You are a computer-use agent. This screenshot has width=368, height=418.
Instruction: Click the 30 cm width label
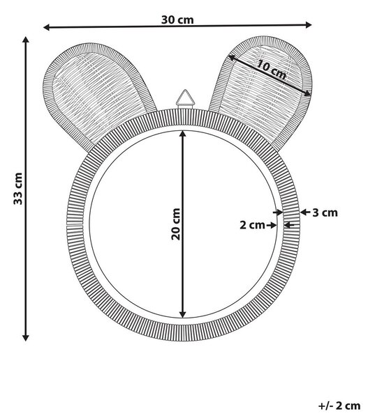coord(177,20)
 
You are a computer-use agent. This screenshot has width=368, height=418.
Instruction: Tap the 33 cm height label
coord(18,189)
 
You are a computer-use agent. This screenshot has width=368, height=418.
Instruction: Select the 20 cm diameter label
coord(175,224)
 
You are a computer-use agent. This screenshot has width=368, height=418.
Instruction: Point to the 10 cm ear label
coord(272,70)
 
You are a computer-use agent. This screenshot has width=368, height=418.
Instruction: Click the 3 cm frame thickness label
coord(325,212)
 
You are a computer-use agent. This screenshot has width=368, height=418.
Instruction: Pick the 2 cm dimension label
coord(252,225)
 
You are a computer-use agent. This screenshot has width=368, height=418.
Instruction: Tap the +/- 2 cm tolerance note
coord(339,405)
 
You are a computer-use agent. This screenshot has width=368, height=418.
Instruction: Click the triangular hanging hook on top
coord(185,99)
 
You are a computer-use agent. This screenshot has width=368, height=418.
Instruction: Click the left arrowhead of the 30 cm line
coord(47,27)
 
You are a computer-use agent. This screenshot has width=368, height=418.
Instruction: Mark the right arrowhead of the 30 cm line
coord(309,25)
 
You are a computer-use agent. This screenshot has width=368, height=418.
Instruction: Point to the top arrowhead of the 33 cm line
coord(26,40)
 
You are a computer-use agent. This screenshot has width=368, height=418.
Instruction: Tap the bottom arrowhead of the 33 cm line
coord(25,337)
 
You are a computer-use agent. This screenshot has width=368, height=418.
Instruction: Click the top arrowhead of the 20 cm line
coord(182,134)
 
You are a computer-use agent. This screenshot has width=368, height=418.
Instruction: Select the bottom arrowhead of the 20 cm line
coord(182,315)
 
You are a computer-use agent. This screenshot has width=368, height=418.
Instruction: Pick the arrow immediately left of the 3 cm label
coord(305,212)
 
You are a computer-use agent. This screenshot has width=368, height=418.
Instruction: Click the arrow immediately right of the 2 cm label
coord(272,225)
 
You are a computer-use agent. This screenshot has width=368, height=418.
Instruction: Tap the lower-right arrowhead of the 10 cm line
coord(308,93)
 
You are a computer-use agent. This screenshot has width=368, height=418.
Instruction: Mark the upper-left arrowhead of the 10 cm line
coord(232,57)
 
